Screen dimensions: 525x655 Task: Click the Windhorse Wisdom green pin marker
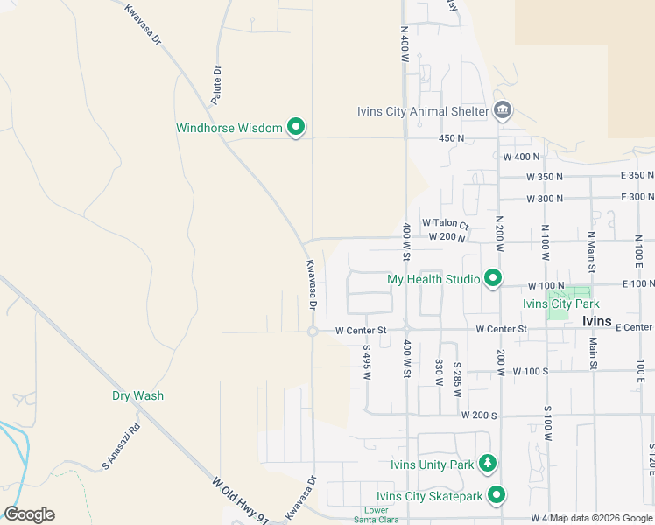click(296, 128)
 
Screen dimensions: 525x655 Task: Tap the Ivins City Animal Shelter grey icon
click(503, 110)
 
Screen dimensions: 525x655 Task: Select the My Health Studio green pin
click(493, 279)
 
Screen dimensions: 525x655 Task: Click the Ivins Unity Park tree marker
click(489, 464)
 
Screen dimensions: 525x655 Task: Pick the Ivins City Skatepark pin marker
click(497, 496)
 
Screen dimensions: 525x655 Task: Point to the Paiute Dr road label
click(216, 80)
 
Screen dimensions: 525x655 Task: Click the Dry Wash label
click(137, 395)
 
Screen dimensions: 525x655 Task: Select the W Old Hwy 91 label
click(240, 500)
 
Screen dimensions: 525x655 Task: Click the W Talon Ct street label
click(446, 223)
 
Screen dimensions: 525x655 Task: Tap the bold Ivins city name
click(602, 321)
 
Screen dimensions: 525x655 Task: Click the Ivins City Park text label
click(560, 304)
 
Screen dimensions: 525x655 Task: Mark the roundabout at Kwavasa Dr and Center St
click(313, 331)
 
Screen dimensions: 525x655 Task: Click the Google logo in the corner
click(29, 514)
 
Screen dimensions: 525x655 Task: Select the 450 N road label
click(451, 138)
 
